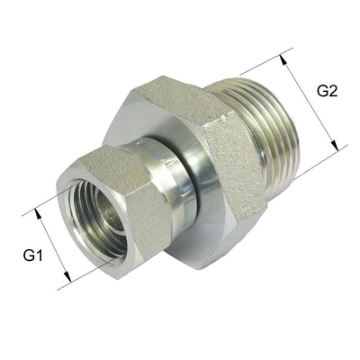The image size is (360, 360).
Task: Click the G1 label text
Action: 33,256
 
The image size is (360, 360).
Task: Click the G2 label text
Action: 327,90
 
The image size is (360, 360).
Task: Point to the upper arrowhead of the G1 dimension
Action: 39,213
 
